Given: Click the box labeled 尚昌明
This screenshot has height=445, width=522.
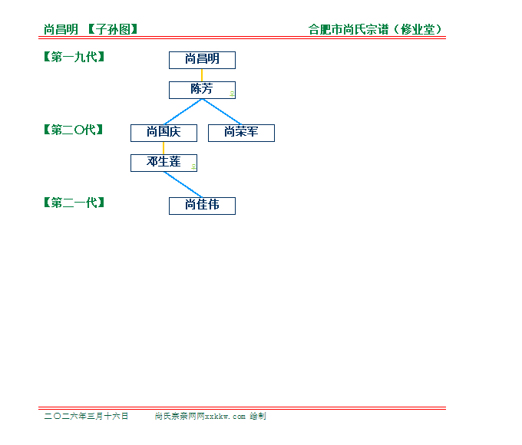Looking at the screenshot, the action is click(x=202, y=61).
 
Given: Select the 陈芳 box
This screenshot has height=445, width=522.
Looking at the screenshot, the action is click(x=202, y=91).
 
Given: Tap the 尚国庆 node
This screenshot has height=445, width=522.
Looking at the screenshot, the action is click(x=164, y=133).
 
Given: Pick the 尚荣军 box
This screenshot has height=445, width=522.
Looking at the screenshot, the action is click(x=241, y=133).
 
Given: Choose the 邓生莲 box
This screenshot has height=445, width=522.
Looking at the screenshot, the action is click(x=164, y=163).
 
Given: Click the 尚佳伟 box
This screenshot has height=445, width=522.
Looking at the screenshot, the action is click(x=202, y=206).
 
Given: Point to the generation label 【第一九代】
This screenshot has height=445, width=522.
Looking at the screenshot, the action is click(x=74, y=57).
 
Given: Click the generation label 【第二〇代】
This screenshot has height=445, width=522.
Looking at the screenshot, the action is click(x=73, y=130).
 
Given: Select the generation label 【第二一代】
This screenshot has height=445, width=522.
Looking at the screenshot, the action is click(x=74, y=203).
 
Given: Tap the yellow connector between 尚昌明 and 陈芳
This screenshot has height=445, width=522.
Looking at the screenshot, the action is click(x=202, y=75).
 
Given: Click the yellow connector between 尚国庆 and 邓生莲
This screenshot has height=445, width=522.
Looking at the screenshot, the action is click(x=164, y=148).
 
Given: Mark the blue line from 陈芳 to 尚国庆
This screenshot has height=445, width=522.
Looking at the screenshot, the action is click(x=183, y=112).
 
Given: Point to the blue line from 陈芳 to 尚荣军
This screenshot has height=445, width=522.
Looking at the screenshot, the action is click(x=222, y=112).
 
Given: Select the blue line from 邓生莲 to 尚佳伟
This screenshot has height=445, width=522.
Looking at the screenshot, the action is click(x=183, y=185).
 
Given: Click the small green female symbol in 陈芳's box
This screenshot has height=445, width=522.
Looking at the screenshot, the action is click(x=232, y=94).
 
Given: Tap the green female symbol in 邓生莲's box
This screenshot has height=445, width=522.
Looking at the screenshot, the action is click(x=193, y=167).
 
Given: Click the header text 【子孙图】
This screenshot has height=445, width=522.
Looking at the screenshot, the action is click(x=113, y=29).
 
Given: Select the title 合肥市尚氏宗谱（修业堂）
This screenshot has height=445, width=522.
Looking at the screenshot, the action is click(x=375, y=29).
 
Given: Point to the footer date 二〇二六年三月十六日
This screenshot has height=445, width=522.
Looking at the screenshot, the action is click(x=86, y=416).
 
